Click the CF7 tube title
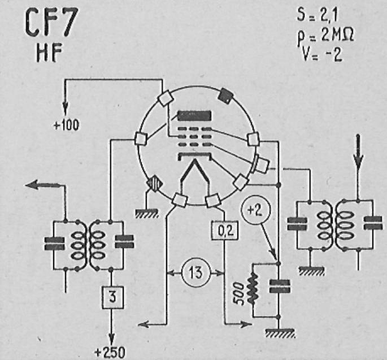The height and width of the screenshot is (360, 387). (x=52, y=23)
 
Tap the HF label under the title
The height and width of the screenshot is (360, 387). (x=49, y=53)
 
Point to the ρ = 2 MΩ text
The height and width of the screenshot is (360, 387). (x=325, y=36)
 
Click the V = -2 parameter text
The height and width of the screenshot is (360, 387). (x=322, y=54)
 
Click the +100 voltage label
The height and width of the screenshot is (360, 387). (x=67, y=125)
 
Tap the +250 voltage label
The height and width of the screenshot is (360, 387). (x=110, y=353)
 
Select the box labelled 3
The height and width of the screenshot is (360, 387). (x=112, y=297)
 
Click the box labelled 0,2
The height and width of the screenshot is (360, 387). (x=225, y=231)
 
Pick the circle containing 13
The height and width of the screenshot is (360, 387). (x=196, y=273)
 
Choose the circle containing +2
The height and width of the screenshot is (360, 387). (x=256, y=210)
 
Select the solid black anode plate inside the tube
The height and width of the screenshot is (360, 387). (x=195, y=116)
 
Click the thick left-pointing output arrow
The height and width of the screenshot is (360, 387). (x=43, y=185)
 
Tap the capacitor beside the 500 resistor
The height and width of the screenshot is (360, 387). (x=279, y=287)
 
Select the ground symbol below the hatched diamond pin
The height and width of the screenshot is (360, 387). (x=146, y=213)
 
